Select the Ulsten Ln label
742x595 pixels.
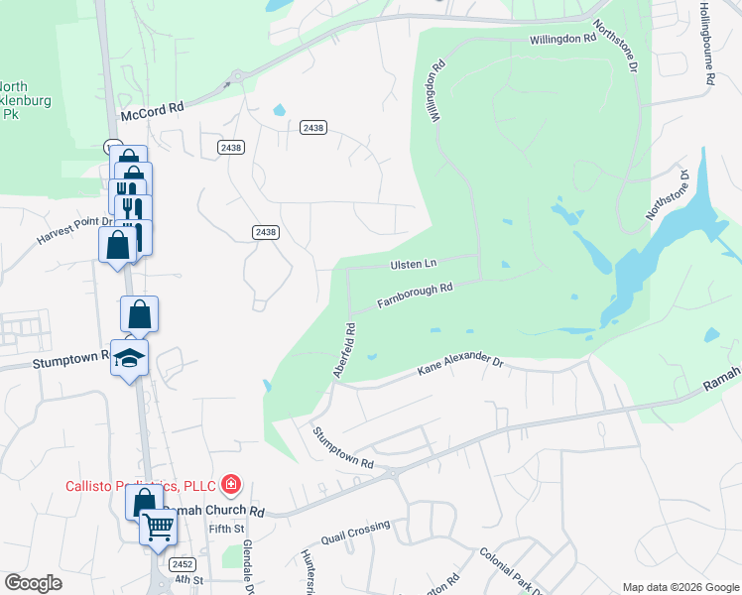tap(413, 265)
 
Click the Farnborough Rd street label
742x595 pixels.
tap(415, 295)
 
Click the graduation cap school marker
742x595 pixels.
tap(129, 358)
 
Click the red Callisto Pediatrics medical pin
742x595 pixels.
tap(231, 484)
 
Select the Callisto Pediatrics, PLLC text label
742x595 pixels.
tap(143, 485)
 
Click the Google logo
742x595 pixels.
tap(32, 583)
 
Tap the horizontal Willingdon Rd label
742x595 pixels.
tap(561, 38)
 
